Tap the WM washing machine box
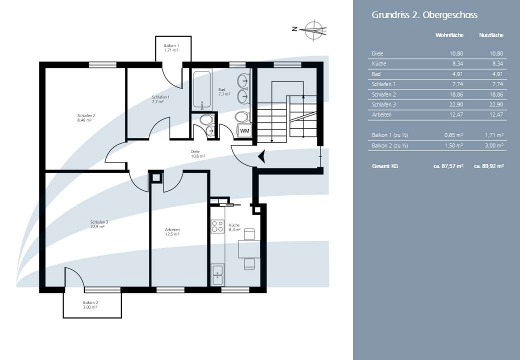click(244, 131)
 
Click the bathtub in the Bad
click(202, 90)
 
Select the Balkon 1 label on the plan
click(171, 47)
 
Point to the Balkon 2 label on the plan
click(90, 305)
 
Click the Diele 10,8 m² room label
click(197, 154)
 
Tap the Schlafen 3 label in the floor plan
click(99, 224)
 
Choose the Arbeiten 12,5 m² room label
click(172, 231)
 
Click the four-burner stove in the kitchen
click(217, 226)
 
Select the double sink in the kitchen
click(217, 275)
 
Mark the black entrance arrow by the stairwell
click(261, 156)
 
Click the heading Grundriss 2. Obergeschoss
click(424, 15)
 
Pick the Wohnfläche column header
click(449, 35)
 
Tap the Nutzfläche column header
click(491, 35)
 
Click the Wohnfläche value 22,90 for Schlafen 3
click(456, 105)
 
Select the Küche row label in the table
click(379, 63)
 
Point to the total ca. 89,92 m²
click(489, 166)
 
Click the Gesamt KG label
click(385, 166)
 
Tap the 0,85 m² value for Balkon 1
click(453, 135)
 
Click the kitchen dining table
click(248, 248)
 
